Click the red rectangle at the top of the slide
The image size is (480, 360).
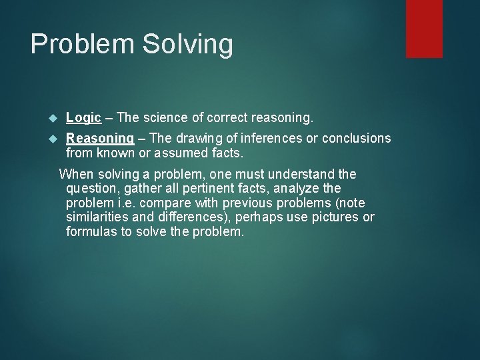point(424,29)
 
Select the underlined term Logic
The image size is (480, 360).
point(83,118)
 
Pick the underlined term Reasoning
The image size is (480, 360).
point(100,139)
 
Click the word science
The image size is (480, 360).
point(163,118)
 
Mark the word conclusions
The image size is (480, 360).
point(357,138)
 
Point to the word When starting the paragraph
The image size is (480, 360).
point(76,175)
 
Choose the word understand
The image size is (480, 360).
point(303,175)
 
